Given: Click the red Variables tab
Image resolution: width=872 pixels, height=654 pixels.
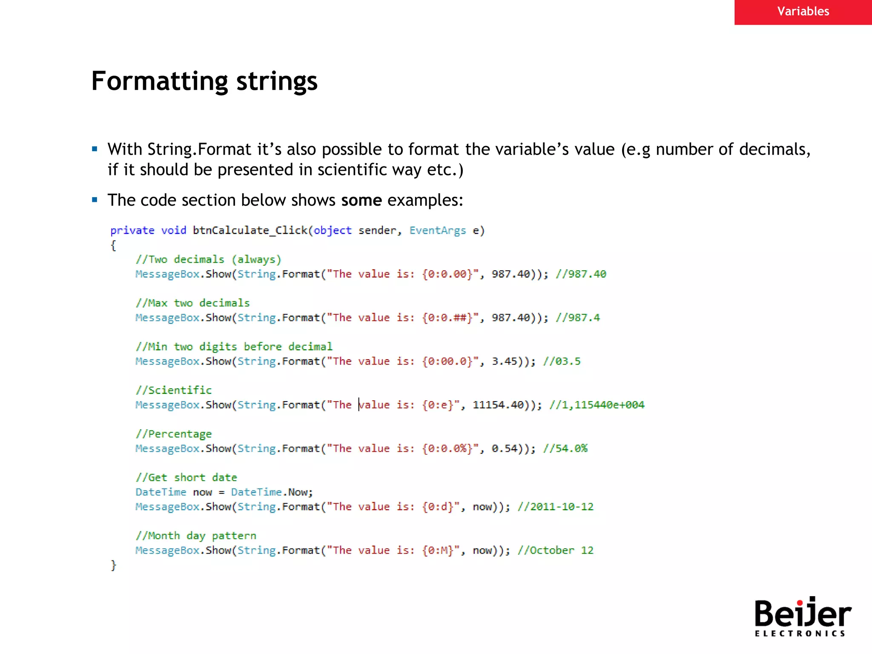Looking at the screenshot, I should [803, 11].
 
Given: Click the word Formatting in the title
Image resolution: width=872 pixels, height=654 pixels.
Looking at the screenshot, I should [161, 81].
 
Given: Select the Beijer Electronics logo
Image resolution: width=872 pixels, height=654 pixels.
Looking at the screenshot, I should [802, 617].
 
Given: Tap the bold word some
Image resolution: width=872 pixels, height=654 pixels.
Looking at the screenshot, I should [361, 200].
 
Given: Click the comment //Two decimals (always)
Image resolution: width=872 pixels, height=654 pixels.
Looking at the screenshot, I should [208, 259].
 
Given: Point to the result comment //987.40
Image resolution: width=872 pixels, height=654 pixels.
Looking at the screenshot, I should [581, 274].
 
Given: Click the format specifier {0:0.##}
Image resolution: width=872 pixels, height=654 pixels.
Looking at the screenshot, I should [447, 318].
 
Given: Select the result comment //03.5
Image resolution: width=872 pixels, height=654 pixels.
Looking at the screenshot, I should [562, 361].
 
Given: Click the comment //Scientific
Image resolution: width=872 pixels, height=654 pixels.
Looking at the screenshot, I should [174, 390].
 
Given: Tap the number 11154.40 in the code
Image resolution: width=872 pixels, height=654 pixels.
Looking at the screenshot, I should [498, 405].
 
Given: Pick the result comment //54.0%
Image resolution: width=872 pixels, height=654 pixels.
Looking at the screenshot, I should [565, 448].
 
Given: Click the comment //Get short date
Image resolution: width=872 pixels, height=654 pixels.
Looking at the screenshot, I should [186, 477].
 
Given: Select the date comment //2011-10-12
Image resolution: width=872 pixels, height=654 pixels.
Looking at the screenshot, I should [555, 507].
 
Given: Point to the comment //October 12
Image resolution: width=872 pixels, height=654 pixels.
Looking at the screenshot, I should [555, 550].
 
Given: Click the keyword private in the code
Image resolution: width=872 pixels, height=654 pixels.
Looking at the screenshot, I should [132, 230].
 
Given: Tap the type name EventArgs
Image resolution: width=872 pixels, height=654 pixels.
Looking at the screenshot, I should [437, 230].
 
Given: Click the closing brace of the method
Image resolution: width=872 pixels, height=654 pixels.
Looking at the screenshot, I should [113, 565].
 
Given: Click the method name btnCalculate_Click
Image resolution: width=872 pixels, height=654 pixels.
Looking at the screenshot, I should [250, 230].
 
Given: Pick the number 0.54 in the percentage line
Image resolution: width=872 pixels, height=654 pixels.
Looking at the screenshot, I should [505, 448].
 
